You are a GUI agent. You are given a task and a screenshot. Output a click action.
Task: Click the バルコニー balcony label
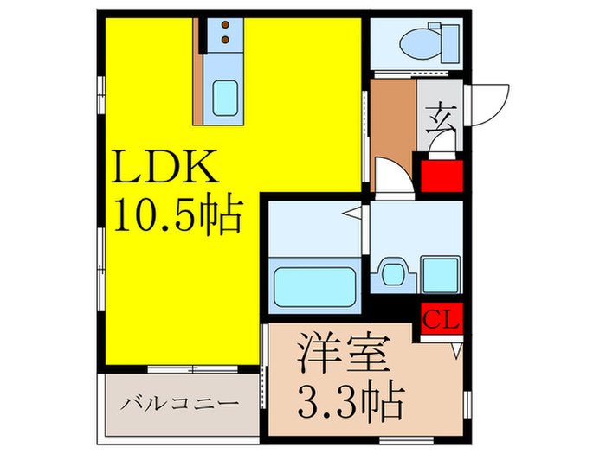(180, 404)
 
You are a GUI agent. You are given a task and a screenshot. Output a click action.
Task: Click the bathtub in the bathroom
(314, 285)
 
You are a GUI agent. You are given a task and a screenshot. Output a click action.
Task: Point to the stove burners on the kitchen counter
(226, 32)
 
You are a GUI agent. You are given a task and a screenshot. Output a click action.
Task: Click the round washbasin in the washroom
(393, 275)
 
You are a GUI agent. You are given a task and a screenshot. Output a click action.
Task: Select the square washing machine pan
(441, 275)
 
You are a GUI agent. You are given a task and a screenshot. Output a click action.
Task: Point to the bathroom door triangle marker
(352, 213)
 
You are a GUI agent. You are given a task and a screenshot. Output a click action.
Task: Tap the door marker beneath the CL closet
(455, 350)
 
